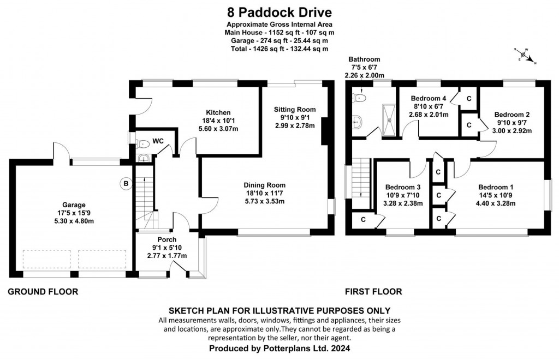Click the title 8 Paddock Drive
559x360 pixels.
[x=279, y=11]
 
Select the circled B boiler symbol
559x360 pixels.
[x=126, y=184]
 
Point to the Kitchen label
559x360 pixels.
[x=218, y=112]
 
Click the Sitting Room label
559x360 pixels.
[x=295, y=109]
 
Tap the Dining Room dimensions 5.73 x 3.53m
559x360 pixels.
[x=265, y=201]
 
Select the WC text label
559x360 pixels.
[x=158, y=141]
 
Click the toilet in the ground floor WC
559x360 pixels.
[x=143, y=145]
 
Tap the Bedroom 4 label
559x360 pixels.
[x=429, y=98]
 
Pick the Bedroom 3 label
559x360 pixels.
[x=402, y=186]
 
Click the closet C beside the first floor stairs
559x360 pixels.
[x=362, y=219]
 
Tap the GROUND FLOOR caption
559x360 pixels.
[x=43, y=292]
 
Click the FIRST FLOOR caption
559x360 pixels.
[x=373, y=292]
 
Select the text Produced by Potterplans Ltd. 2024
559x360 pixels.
[x=279, y=347]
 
